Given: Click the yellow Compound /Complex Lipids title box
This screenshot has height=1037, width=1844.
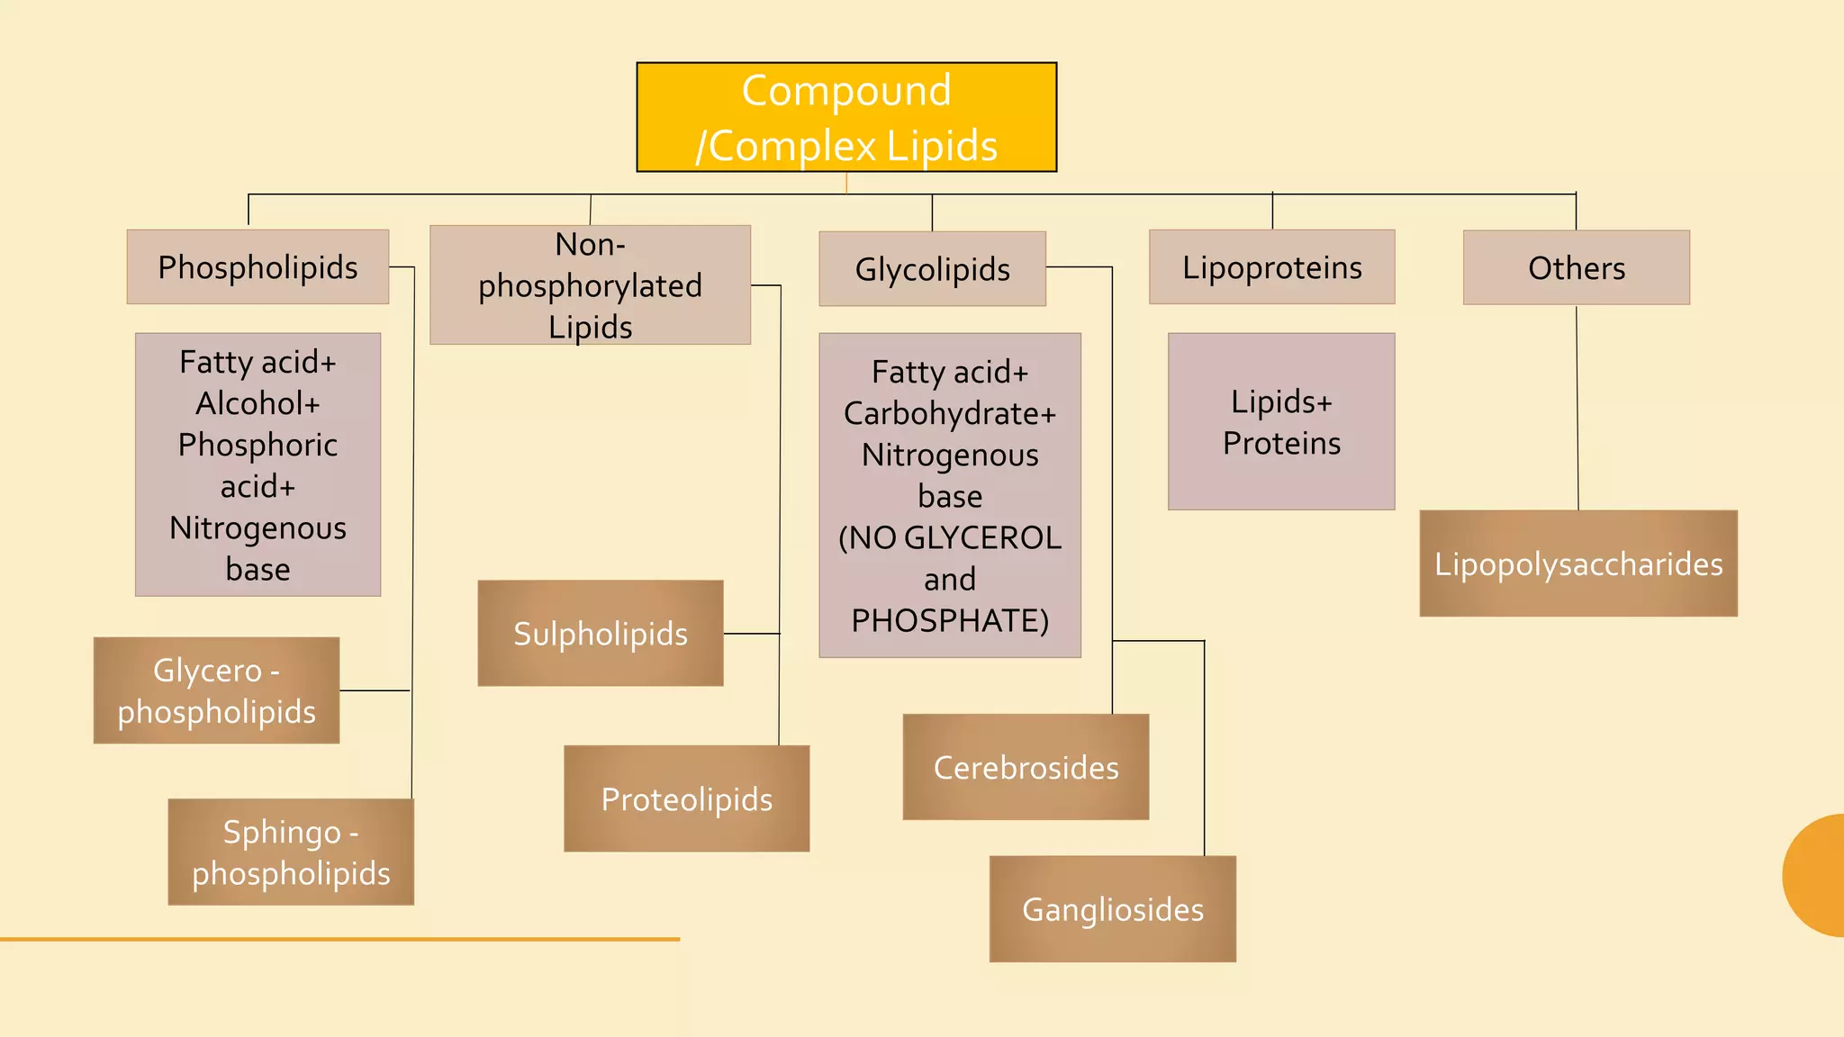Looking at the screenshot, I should tap(846, 117).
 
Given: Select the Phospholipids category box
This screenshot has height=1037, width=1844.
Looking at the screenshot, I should tap(258, 266).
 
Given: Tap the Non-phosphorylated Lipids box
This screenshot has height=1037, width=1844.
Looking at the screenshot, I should tap(590, 284).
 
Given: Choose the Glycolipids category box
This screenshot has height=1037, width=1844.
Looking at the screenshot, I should tap(932, 269).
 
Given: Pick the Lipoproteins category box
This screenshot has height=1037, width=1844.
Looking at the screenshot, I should tap(1271, 267).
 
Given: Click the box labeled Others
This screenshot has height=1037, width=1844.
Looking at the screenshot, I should tap(1576, 267).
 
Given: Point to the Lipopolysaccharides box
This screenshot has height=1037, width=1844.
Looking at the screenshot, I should tap(1577, 564).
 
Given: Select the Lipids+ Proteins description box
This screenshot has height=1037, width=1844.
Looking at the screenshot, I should tap(1280, 421).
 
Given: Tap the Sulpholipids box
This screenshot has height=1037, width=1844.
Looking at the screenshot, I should tap(600, 633).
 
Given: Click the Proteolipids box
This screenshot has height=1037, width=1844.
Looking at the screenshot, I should tap(686, 798).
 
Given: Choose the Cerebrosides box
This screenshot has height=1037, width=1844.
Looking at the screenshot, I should tap(1026, 767).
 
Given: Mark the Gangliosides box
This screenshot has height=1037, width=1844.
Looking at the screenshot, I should tap(1112, 909).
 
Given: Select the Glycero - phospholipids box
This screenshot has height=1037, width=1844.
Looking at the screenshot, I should tap(216, 690).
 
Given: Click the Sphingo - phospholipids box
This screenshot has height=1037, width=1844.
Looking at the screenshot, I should tap(291, 852).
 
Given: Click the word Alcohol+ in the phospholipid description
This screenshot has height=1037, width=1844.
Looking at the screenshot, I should tap(258, 403).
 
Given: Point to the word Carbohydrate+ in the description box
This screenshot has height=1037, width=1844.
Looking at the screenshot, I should tap(949, 413).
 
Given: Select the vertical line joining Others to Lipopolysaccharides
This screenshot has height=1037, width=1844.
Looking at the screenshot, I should tap(1577, 410).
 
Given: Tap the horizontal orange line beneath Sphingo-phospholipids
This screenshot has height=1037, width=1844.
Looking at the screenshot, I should tap(339, 939).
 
